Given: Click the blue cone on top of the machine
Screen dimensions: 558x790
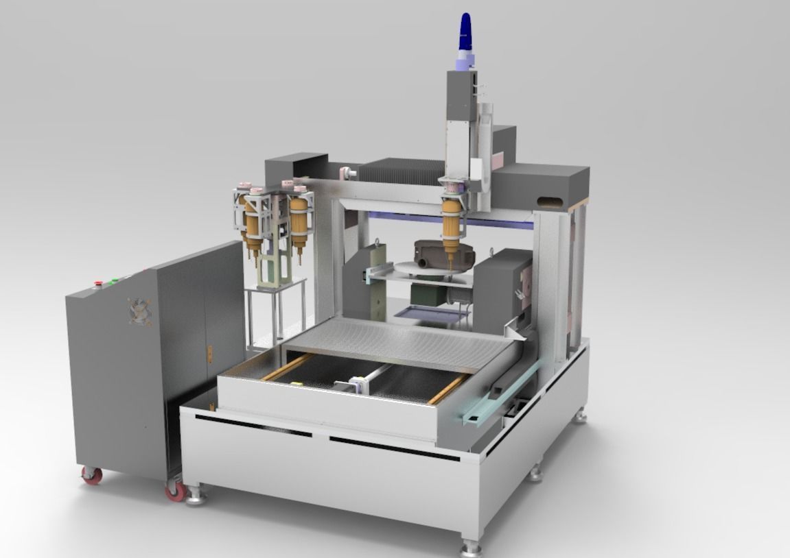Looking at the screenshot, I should click(466, 31).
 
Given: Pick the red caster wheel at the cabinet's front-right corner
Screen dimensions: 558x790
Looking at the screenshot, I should click(176, 490).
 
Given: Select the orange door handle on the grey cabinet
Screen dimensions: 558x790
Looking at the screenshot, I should click(209, 354).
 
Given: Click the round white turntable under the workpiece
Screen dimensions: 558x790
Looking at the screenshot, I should click(426, 270).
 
